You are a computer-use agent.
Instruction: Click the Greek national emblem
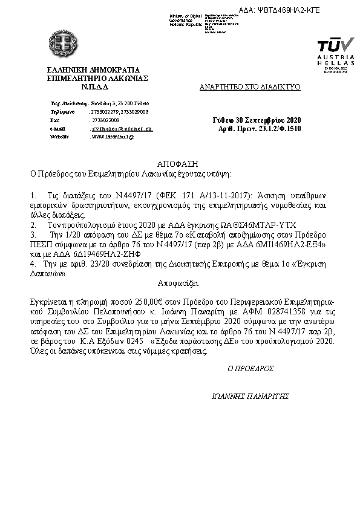pos(62,43)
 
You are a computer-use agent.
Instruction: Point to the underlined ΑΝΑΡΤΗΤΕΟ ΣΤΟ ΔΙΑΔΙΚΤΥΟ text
pos(250,87)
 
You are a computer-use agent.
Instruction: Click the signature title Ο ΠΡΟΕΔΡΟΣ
pos(250,368)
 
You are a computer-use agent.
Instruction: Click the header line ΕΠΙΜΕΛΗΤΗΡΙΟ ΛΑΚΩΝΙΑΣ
pos(97,78)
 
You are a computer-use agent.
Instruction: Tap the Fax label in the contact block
pos(54,120)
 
